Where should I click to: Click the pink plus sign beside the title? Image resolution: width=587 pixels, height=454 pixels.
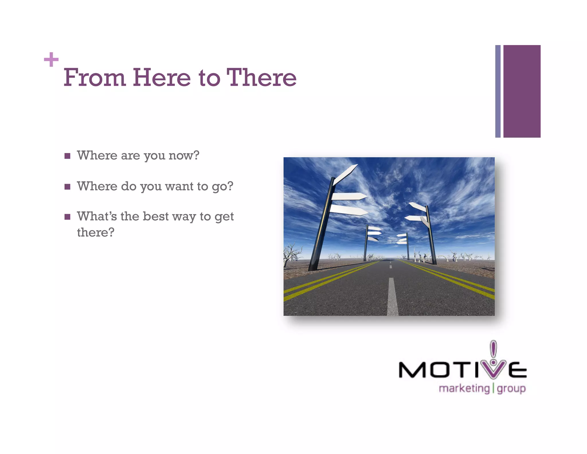[51, 59]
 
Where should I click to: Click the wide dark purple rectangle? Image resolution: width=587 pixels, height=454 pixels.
[522, 91]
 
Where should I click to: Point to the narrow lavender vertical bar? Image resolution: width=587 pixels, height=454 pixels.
[498, 91]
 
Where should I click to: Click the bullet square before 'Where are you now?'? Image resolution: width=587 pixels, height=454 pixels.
[67, 156]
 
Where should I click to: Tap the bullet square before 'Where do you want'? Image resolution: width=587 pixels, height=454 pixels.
[67, 187]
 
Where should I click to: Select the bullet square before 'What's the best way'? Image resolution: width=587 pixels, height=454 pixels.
[67, 217]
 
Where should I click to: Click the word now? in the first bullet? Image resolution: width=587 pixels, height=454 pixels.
[184, 156]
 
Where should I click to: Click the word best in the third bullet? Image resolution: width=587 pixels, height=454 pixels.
[155, 216]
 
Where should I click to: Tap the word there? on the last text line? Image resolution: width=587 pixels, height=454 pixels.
[95, 232]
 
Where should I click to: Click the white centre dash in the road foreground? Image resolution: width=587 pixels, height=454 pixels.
[392, 297]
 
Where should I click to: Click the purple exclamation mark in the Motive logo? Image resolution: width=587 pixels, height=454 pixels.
[493, 350]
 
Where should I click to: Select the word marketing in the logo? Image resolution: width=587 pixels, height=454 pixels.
[464, 389]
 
